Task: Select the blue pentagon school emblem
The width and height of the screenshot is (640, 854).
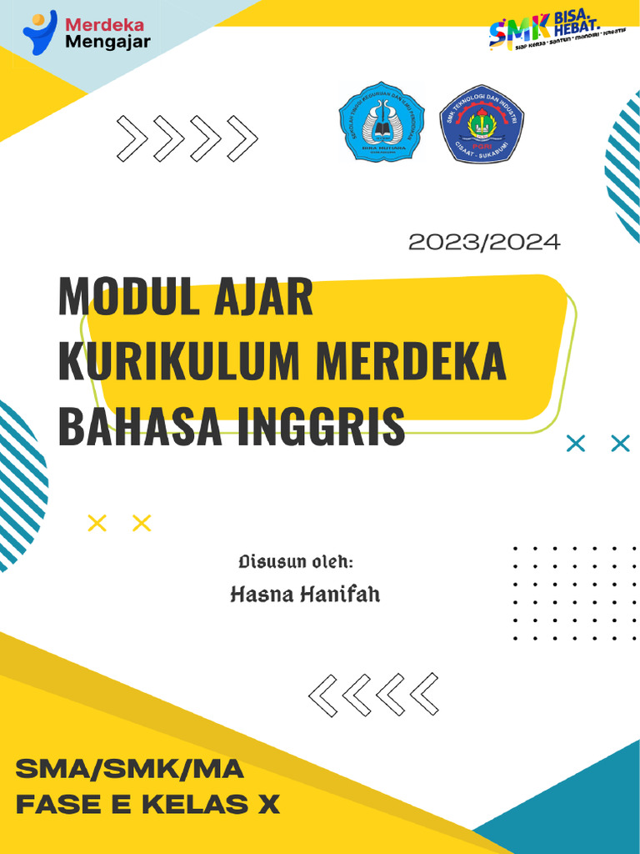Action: pos(382,123)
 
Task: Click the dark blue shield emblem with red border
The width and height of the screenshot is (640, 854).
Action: pos(482,123)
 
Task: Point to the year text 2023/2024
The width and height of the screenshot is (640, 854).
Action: pos(484,243)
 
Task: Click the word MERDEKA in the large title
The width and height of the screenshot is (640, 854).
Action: pos(412,362)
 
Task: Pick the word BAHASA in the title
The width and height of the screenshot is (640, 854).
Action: pos(140,425)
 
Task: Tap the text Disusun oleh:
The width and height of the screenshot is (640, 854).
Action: pos(296,560)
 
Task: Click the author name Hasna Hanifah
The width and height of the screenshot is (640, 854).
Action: pos(304,595)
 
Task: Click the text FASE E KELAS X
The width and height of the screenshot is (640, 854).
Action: pos(148,806)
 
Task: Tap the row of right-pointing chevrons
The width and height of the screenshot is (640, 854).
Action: pos(187,138)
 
